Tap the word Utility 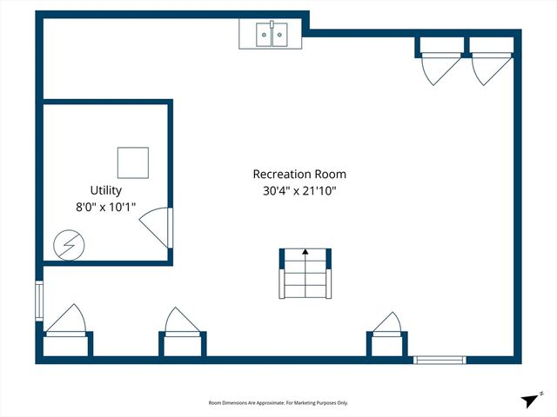tap(106, 190)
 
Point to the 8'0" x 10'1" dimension tap(106, 208)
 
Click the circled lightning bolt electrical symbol tap(65, 246)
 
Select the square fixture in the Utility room tap(133, 162)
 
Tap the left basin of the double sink tap(263, 35)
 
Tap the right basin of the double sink tap(281, 35)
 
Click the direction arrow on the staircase tap(305, 253)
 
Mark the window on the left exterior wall tap(37, 300)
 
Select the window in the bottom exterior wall tap(440, 360)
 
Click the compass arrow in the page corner tap(530, 400)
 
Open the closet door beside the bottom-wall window tap(387, 323)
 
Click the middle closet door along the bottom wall tap(182, 321)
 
